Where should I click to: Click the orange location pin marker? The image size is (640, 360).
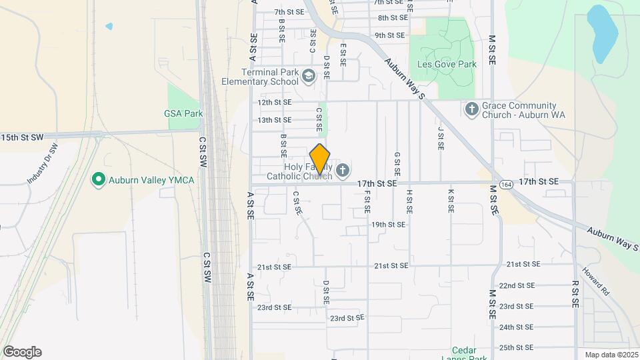pos(320,159)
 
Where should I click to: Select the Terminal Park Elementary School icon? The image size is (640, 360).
pos(308,77)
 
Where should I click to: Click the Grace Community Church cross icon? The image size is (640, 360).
pos(471,108)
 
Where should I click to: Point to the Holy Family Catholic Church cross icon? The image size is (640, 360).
pos(343,171)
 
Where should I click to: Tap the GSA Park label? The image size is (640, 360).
pos(183,113)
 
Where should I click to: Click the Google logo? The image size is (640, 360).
pos(22,352)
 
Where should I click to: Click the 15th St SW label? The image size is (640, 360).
pos(22,137)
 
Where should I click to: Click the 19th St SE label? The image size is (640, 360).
pos(389,225)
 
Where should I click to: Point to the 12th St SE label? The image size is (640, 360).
pos(275,103)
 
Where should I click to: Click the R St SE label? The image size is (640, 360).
pos(575,293)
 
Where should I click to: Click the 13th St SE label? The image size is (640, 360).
pos(275,120)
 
